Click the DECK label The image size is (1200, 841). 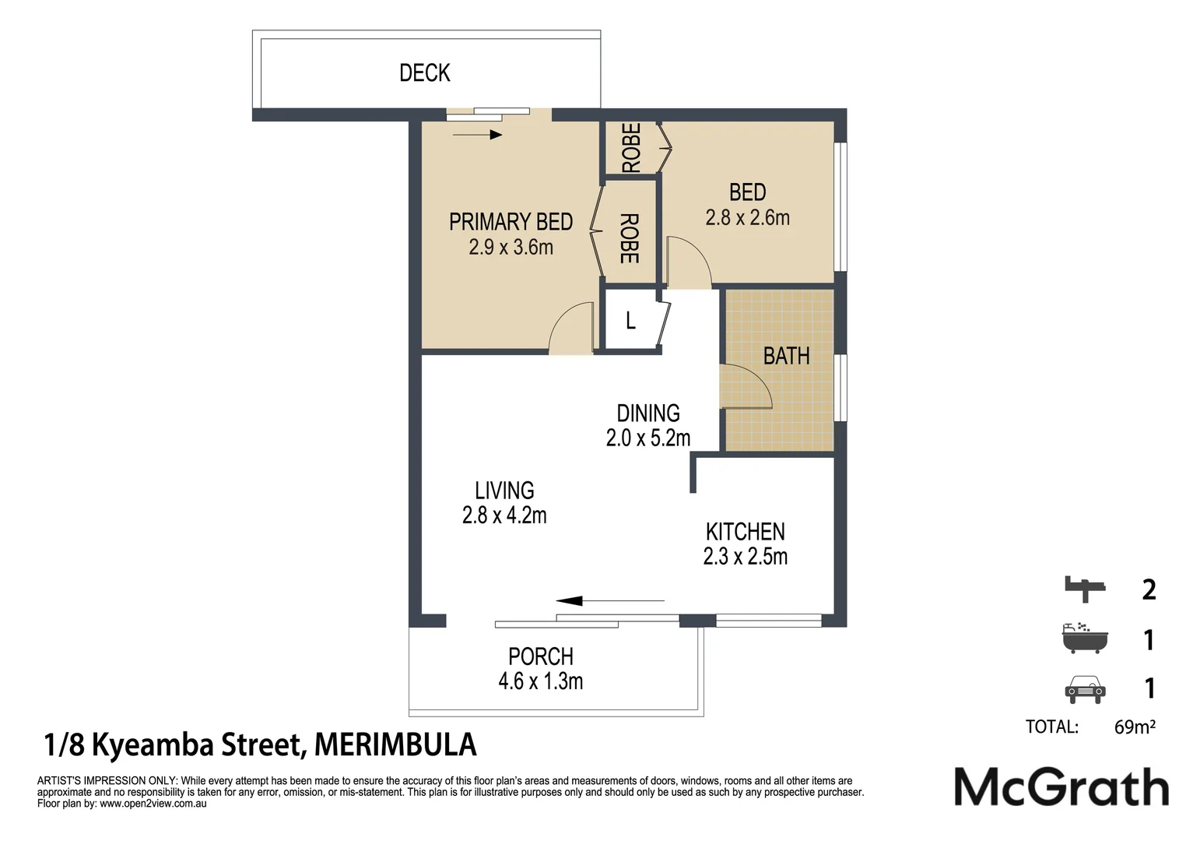pos(425,73)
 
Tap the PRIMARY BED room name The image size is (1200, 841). pos(511,222)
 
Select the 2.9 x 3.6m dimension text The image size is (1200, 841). pos(511,248)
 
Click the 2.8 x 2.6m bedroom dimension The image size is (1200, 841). pos(747,217)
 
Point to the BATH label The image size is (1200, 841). pos(787,356)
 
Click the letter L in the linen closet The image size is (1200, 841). pos(630,321)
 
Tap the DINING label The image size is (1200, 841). pos(648,413)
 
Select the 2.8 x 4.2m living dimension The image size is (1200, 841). pos(504,516)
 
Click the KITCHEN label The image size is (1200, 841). pos(746,532)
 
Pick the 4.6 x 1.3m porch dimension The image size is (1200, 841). pos(541,681)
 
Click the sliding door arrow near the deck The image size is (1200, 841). pos(477,135)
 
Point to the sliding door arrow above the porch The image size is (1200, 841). pos(610,601)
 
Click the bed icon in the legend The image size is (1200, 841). pos(1084,589)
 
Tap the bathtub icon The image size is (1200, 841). pos(1085,638)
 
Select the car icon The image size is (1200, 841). pos(1085,689)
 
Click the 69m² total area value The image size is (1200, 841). pos(1135,727)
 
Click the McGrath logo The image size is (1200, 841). pos(1061,787)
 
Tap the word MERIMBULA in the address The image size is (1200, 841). pos(395,744)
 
